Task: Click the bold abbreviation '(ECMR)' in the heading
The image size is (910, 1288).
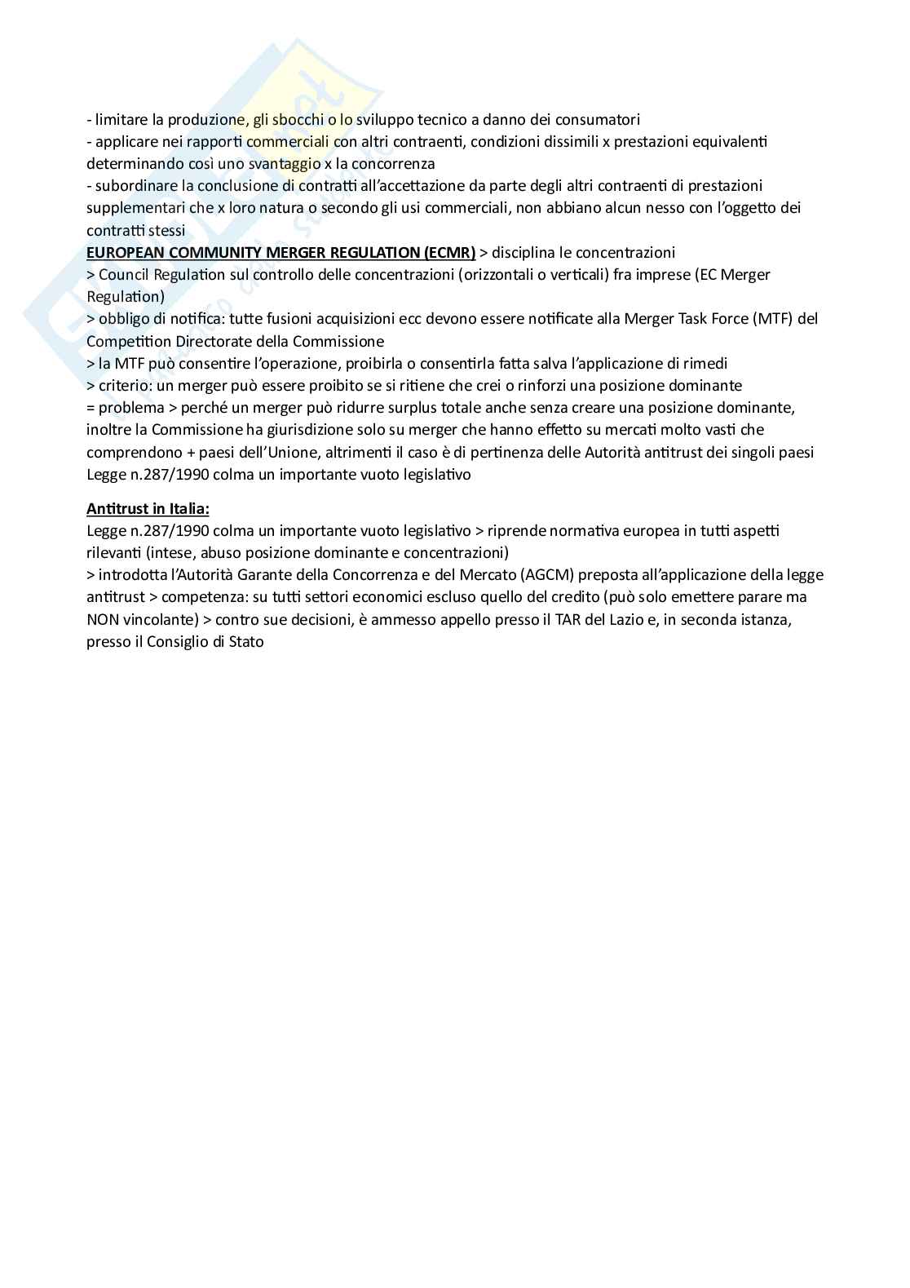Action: [x=449, y=252]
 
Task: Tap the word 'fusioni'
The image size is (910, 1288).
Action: [x=283, y=318]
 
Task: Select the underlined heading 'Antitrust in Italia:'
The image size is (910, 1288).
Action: [x=148, y=509]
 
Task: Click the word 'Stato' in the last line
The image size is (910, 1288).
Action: [x=245, y=642]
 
